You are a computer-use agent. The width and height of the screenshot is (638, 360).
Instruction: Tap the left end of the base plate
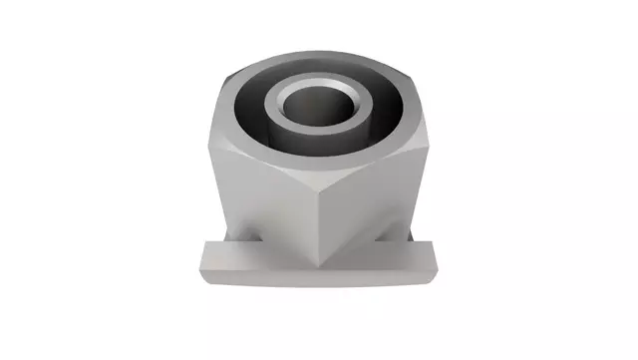[201, 264]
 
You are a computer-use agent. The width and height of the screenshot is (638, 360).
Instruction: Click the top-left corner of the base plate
[204, 244]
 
